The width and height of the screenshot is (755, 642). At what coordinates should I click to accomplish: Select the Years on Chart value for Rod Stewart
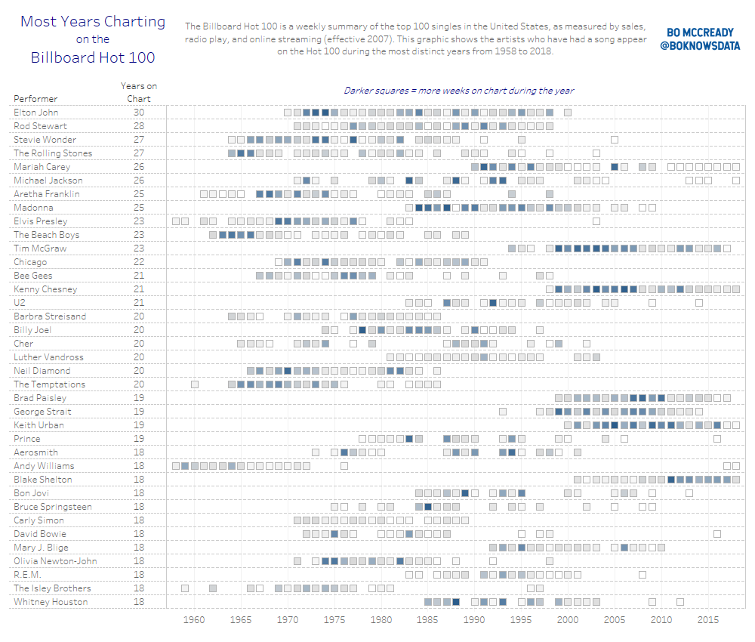139,126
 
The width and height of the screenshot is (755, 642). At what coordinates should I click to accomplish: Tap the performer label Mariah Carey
42,167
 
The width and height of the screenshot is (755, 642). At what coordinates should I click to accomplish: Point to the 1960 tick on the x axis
194,620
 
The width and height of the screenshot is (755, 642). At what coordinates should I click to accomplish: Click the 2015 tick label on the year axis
707,620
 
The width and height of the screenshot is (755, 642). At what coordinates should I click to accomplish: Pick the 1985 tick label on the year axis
427,620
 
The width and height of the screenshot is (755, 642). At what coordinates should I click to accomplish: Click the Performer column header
35,99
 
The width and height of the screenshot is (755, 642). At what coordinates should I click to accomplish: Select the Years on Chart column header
139,92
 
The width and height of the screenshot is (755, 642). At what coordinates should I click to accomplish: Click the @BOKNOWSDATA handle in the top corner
700,46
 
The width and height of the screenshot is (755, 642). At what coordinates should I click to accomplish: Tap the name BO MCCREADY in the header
700,33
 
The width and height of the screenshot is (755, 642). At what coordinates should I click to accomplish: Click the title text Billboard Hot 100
93,57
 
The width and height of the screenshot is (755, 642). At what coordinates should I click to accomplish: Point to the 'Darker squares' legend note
458,91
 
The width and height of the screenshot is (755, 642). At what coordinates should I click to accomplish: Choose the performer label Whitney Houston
51,602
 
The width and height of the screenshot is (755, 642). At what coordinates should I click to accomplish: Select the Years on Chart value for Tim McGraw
139,248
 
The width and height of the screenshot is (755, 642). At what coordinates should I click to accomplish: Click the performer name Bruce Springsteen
53,507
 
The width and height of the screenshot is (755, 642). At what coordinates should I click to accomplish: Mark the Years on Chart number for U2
139,303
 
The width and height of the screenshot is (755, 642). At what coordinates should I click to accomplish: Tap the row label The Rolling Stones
53,153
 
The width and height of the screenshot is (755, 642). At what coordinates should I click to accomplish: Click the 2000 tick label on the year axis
568,620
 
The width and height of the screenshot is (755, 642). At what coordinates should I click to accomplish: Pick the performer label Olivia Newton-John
55,561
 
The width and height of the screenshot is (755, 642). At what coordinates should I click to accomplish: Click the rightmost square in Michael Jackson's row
736,181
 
